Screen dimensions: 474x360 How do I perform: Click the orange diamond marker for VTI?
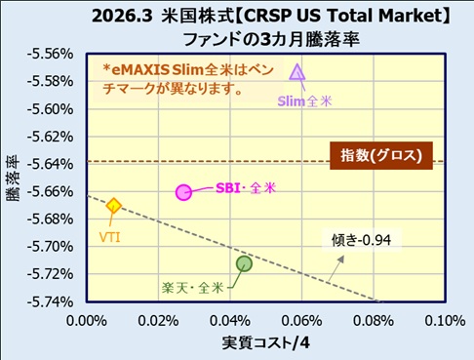click(x=113, y=206)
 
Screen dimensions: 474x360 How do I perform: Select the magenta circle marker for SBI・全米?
click(x=183, y=192)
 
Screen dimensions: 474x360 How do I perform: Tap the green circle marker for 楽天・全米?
click(x=244, y=263)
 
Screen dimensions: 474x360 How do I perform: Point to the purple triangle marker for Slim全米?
click(x=297, y=72)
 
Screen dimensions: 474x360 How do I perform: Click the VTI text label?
click(x=110, y=237)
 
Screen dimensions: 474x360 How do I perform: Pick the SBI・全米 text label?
click(x=246, y=188)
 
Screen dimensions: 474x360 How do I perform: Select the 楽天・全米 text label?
click(x=193, y=288)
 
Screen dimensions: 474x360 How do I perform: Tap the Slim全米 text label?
click(x=304, y=101)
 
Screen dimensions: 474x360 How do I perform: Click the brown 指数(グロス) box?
click(x=381, y=155)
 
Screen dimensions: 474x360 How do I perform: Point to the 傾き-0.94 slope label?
click(x=361, y=240)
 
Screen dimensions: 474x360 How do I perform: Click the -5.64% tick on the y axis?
click(x=51, y=164)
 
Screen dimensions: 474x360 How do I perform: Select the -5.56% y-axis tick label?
click(x=51, y=54)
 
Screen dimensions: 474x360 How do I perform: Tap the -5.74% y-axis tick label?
click(x=51, y=302)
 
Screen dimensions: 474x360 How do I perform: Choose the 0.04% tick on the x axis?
click(x=230, y=321)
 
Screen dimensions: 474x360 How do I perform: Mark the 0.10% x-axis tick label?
click(x=445, y=321)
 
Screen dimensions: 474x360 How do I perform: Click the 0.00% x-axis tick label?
click(x=87, y=321)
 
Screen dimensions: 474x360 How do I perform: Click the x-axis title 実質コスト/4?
click(x=266, y=343)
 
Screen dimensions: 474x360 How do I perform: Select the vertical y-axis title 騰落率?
click(x=13, y=179)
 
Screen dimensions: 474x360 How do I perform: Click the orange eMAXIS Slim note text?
click(x=188, y=79)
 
